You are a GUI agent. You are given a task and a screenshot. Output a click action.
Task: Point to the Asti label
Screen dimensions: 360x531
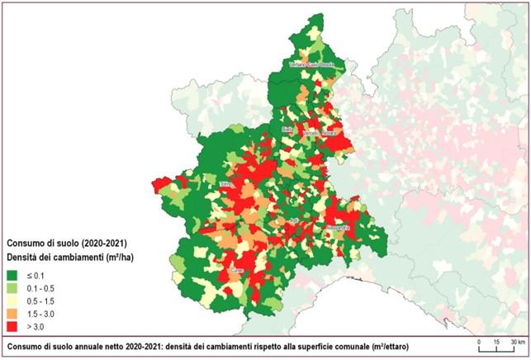(292, 220)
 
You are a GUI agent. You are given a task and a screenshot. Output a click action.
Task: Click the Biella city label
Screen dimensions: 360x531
(287, 130)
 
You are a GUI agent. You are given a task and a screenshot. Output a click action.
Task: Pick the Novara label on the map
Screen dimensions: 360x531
(329, 132)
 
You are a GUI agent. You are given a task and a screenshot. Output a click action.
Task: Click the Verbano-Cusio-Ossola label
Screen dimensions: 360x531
(310, 64)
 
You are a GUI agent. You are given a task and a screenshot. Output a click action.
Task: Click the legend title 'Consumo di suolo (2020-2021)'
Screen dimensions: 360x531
(66, 244)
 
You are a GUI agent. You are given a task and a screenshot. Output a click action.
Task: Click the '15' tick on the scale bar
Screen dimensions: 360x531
(495, 341)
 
